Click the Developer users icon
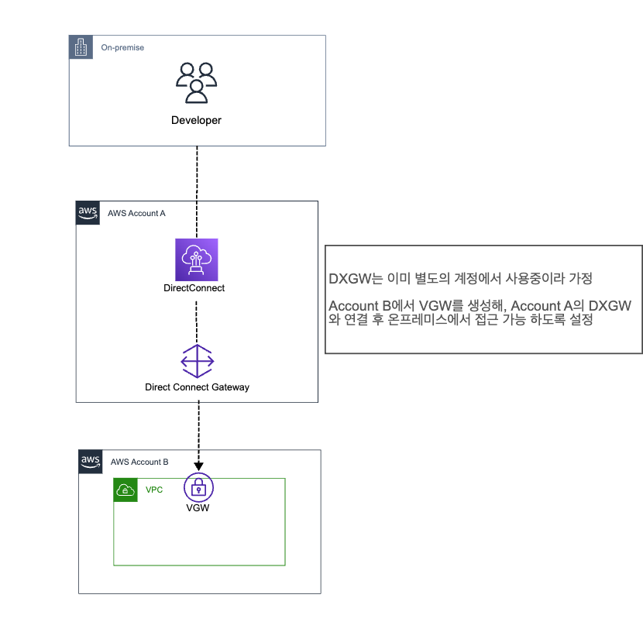[197, 82]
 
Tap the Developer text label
[196, 120]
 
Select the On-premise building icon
[81, 47]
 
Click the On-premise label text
[122, 47]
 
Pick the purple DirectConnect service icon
[197, 260]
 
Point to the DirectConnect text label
[194, 288]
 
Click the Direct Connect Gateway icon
[198, 361]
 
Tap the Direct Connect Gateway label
[198, 387]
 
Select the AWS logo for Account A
[88, 213]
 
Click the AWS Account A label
[136, 213]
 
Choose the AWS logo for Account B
[91, 462]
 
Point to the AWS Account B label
[139, 462]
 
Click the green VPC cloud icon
[126, 490]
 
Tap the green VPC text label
[154, 490]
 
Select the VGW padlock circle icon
[198, 487]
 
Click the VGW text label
[198, 507]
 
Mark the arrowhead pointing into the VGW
[198, 466]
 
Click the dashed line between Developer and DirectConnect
[197, 192]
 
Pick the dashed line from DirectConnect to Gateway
[197, 322]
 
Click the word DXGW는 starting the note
[356, 278]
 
